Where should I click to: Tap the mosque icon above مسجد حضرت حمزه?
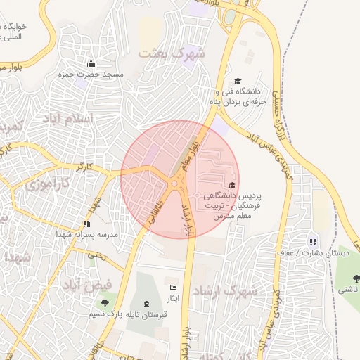tap(90, 64)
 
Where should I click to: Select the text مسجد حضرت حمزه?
tap(94, 75)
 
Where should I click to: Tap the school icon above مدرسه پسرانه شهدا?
tap(86, 223)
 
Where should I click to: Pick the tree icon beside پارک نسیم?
tap(105, 304)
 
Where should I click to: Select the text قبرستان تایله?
tap(143, 315)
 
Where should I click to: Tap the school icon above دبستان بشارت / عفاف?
tap(313, 241)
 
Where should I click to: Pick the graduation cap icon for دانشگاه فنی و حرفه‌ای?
tap(237, 82)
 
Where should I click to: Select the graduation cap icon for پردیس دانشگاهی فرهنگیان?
tap(232, 185)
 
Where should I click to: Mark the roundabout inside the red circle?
tap(174, 184)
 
